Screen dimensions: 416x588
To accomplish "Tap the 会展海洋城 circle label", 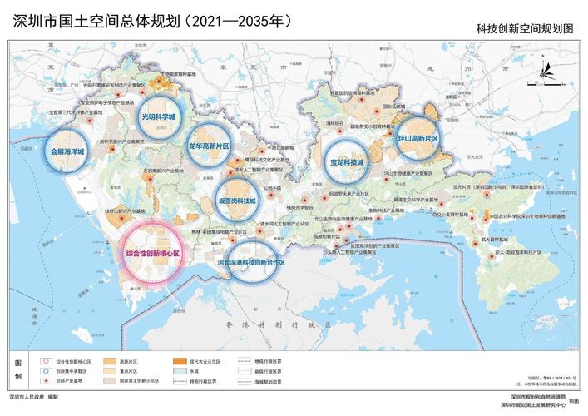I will (x=67, y=152).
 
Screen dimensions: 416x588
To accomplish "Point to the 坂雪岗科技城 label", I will (x=237, y=201).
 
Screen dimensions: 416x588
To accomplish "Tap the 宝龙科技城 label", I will (x=347, y=162).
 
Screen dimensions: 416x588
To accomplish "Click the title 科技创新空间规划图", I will (x=525, y=27).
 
